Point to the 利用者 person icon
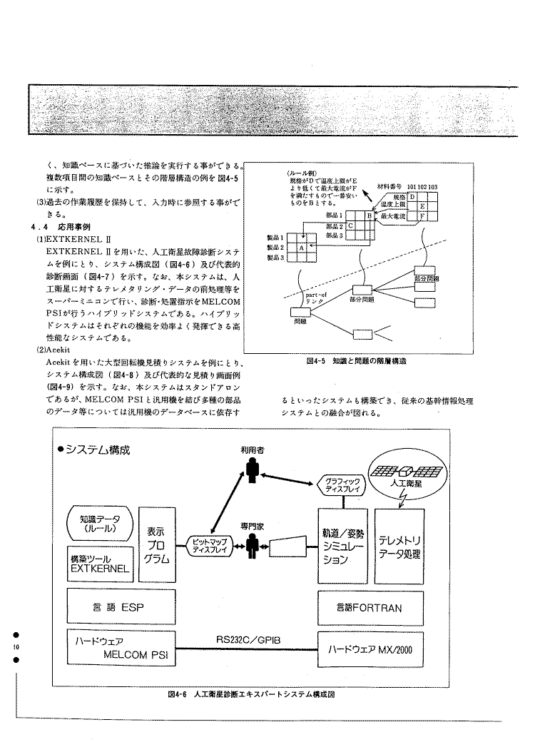coord(252,469)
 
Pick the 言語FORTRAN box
coord(370,607)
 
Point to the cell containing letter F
coord(423,215)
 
